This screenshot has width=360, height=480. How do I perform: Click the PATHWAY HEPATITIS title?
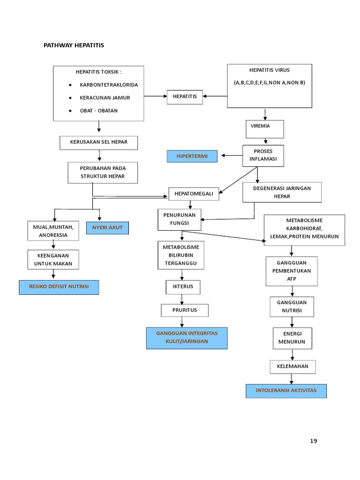(x=74, y=45)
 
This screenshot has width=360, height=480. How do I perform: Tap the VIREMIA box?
(x=264, y=129)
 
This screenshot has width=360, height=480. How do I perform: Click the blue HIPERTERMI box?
(x=192, y=156)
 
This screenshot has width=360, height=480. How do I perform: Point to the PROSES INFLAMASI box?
(x=263, y=156)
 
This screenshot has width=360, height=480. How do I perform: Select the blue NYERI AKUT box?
(x=107, y=228)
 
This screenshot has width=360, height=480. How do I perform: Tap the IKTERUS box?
(x=183, y=286)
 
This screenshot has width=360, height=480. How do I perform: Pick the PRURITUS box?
(x=184, y=310)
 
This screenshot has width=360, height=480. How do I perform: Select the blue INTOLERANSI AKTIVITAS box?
(x=286, y=390)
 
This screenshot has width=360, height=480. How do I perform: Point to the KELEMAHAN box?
(x=292, y=366)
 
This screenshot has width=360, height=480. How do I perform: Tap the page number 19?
(x=314, y=441)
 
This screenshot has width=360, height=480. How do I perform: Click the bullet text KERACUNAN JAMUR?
(x=105, y=97)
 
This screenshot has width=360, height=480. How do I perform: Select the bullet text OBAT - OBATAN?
(x=98, y=111)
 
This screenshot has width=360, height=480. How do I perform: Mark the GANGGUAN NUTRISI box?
(x=292, y=307)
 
